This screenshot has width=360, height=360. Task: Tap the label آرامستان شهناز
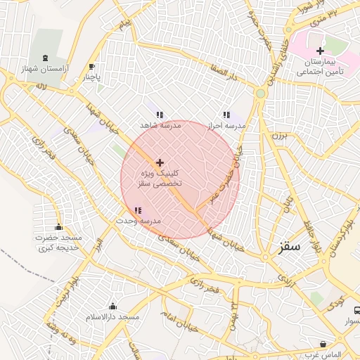coord(46,70)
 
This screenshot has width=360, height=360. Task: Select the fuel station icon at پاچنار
coord(91,67)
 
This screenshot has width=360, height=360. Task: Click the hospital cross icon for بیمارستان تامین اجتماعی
coord(320,51)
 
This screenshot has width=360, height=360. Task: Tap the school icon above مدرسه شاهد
coord(160,114)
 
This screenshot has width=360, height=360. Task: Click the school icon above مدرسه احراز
coord(226,114)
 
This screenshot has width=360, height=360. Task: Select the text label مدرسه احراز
coord(226,125)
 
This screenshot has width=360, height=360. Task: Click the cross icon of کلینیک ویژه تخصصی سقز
coord(160,162)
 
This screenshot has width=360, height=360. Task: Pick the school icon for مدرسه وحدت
coord(138,210)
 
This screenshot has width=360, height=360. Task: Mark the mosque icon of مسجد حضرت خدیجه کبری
coord(58,226)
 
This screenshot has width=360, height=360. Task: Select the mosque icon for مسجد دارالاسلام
coord(113,306)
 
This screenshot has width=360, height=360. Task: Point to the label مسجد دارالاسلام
coord(111,318)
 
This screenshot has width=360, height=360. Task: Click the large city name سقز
coord(289,247)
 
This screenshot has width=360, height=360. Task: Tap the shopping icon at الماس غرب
coord(323,344)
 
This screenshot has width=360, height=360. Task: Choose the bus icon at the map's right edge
coord(356,310)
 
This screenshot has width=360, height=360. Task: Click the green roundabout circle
coord(261,93)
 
